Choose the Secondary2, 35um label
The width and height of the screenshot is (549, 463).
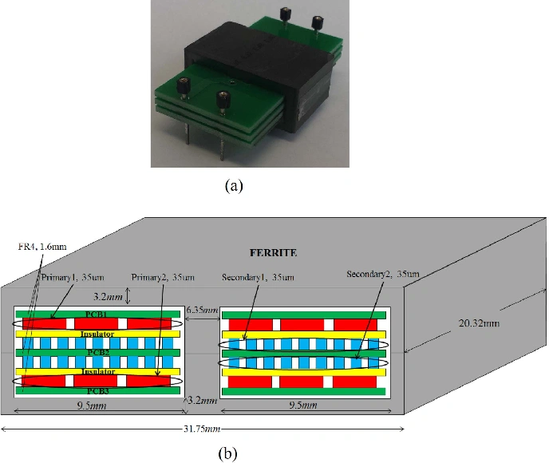[x=383, y=274]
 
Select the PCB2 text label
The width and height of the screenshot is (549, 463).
[x=96, y=352]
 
